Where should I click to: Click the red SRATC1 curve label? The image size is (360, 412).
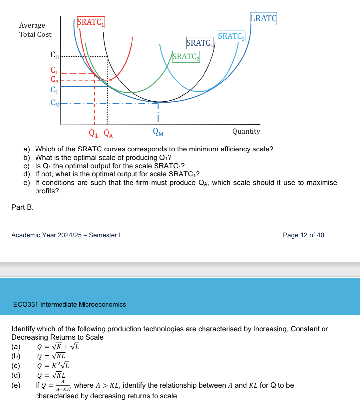[x=91, y=22]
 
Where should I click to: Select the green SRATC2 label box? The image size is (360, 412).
[x=186, y=57]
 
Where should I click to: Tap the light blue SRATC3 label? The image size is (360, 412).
[x=231, y=36]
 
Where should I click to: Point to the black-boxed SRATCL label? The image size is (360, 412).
[x=200, y=43]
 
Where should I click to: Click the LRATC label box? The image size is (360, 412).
[x=263, y=19]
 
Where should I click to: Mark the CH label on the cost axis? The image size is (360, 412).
[x=55, y=55]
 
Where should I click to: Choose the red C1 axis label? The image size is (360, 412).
[x=54, y=70]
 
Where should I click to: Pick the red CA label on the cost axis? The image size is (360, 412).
[x=55, y=80]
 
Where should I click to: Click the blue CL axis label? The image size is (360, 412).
[x=54, y=90]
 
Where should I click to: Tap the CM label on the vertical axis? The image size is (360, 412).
[x=55, y=103]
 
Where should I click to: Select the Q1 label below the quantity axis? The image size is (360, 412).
[x=93, y=133]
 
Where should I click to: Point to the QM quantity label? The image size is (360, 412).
[x=158, y=132]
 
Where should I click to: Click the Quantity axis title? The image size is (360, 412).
[x=246, y=131]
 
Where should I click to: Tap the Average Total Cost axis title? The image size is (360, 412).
[x=35, y=30]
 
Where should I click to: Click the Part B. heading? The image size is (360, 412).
[x=22, y=207]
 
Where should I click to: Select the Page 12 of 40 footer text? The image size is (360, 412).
[x=303, y=235]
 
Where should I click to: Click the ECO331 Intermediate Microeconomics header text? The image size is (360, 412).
[x=69, y=304]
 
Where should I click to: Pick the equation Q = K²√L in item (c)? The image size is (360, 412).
[x=53, y=366]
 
